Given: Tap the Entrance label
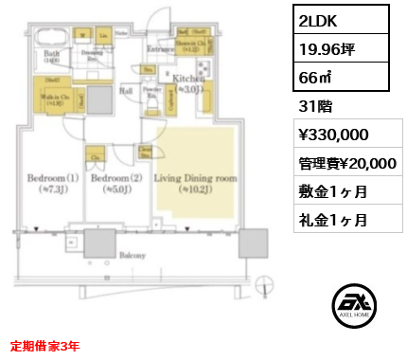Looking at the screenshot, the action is pyautogui.click(x=158, y=49).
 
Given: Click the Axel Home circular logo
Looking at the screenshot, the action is pyautogui.click(x=354, y=306).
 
